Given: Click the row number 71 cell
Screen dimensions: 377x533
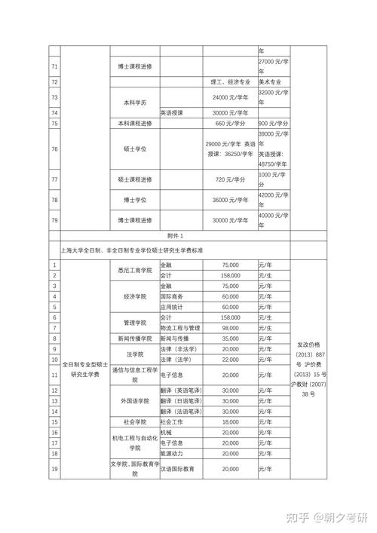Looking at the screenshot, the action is coord(54,67).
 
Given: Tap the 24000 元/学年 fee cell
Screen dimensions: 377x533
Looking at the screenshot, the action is coord(230,98).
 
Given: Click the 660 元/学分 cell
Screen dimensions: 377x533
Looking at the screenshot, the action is coord(230,123).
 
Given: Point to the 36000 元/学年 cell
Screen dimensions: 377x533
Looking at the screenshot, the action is coord(230,200).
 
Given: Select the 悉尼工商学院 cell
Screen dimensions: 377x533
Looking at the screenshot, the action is coord(135,270).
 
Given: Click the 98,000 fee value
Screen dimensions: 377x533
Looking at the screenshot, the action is coord(230,328).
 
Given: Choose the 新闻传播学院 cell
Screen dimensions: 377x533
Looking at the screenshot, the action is coord(135,338).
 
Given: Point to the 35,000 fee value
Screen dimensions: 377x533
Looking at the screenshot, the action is coord(230,338).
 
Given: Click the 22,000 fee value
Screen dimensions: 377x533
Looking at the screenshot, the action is coord(230,360).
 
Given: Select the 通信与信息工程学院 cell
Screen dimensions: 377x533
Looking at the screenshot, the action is coord(135,375).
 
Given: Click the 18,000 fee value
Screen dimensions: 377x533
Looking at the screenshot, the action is coord(230,422).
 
